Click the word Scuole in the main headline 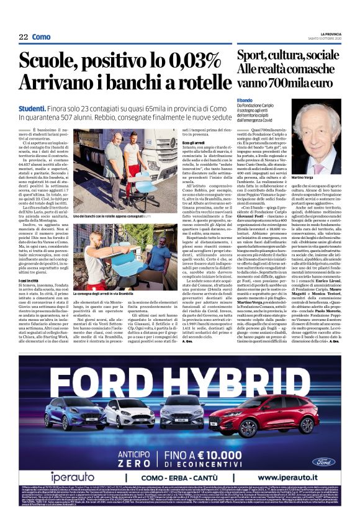click(x=50, y=62)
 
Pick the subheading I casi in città click(x=30, y=297)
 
